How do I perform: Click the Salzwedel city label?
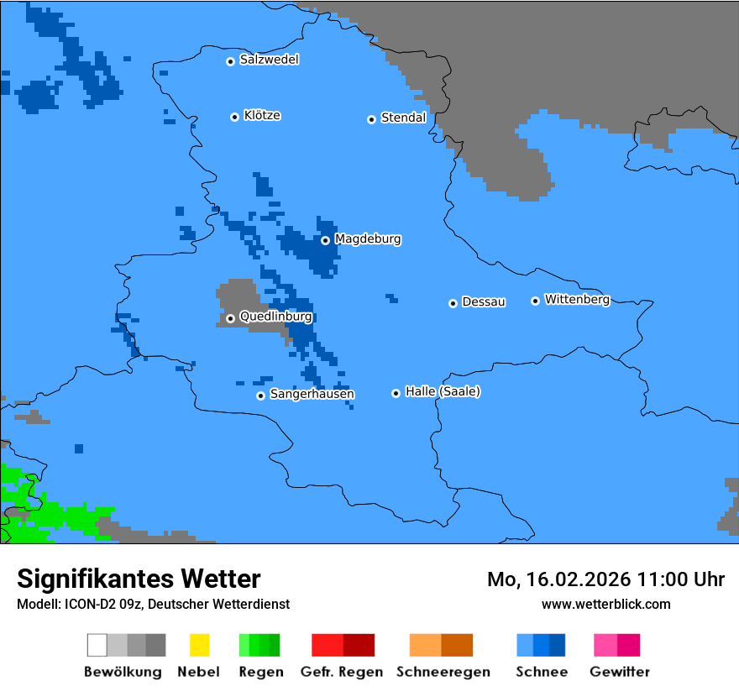tap(269, 60)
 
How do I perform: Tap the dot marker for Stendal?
tap(371, 119)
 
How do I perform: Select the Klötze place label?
tap(261, 115)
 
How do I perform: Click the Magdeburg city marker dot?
tap(325, 240)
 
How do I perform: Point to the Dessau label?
tap(484, 301)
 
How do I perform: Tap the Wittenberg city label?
tap(577, 299)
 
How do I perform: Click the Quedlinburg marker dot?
tap(230, 318)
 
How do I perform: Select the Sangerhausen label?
tap(312, 394)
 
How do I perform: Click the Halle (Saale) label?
tap(443, 391)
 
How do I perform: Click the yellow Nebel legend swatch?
tap(199, 645)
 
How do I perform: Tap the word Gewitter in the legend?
tap(620, 672)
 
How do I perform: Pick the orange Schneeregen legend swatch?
tap(426, 645)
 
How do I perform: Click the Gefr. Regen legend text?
tap(342, 672)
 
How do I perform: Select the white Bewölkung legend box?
tap(97, 645)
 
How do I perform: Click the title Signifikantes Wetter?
tap(139, 579)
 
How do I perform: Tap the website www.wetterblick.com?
tap(605, 604)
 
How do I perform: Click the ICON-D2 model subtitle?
tap(153, 604)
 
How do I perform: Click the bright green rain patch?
tap(59, 516)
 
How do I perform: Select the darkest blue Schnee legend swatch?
tap(558, 645)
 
